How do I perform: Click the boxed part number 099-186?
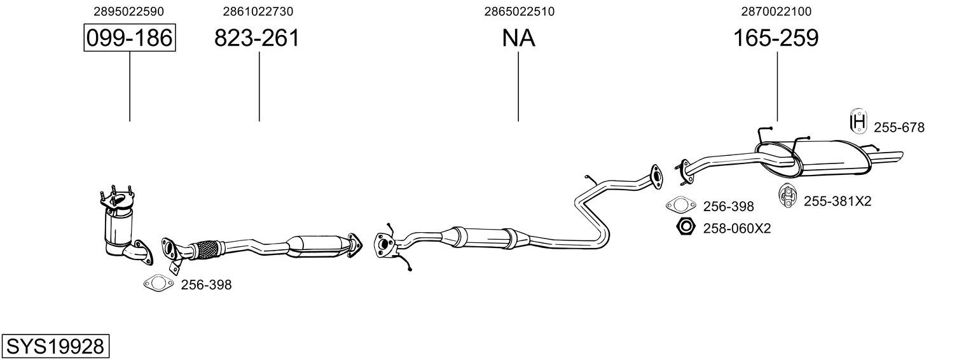pos(130,38)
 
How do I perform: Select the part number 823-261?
pos(256,38)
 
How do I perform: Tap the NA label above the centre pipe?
pos(518,38)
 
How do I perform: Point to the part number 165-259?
pos(776,38)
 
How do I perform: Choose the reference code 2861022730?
pos(258,11)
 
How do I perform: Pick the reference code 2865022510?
pos(519,11)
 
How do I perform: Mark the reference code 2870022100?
pos(776,11)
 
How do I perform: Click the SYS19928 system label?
pos(55,347)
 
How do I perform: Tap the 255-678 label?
pos(899,128)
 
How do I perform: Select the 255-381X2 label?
pos(838,201)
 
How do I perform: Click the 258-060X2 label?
pos(737,227)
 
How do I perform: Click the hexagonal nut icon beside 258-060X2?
pos(686,226)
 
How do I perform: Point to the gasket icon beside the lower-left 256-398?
pos(158,284)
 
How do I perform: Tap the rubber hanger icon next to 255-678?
pos(858,121)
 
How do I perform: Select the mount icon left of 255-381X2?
pos(788,195)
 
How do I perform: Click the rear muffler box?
pos(830,158)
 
